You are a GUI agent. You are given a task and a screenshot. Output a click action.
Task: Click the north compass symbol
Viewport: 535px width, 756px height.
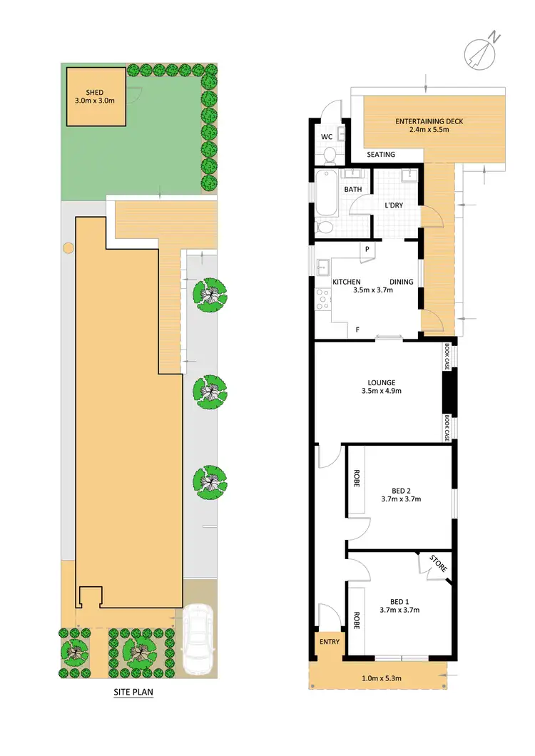[x=479, y=52]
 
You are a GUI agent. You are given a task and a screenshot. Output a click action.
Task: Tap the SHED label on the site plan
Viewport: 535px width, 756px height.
[x=95, y=92]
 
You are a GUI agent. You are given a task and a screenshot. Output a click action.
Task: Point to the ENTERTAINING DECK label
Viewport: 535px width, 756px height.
[x=429, y=121]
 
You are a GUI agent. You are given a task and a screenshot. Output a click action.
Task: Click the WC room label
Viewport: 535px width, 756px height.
[x=327, y=136]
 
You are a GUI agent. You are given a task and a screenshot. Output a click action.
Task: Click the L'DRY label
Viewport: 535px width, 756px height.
[x=394, y=205]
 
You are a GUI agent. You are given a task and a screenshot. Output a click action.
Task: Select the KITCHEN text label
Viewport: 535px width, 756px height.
[x=347, y=282]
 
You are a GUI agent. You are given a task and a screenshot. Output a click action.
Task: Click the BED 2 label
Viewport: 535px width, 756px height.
[x=401, y=490]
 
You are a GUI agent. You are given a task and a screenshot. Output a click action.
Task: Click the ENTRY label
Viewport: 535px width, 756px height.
[x=329, y=641]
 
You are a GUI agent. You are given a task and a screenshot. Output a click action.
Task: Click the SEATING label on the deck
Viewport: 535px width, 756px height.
[x=381, y=155]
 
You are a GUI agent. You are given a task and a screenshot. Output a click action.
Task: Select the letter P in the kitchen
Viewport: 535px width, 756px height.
[x=367, y=250]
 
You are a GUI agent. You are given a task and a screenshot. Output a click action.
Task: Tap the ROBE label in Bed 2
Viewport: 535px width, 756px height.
[x=355, y=476]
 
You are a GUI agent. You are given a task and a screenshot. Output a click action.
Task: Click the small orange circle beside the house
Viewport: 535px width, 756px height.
[x=68, y=247]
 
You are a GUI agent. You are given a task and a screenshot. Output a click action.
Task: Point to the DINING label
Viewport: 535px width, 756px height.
[x=402, y=282]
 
